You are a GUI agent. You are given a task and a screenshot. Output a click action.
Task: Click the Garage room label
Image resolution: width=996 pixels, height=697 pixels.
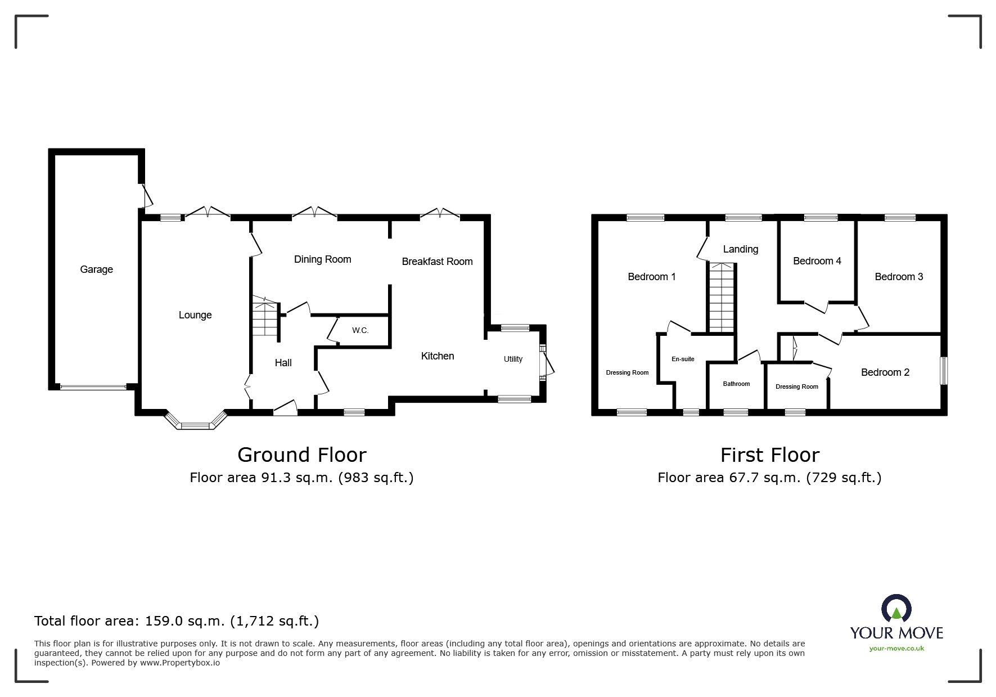click(x=96, y=269)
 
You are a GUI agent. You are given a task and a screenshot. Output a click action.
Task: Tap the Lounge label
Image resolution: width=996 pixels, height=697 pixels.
click(x=195, y=315)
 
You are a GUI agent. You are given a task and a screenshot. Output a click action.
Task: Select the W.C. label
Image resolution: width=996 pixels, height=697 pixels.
click(x=360, y=330)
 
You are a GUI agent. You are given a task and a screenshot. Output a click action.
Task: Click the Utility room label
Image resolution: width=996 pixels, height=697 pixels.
click(x=513, y=359)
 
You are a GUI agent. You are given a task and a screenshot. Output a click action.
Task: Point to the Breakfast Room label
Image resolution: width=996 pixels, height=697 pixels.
click(x=437, y=262)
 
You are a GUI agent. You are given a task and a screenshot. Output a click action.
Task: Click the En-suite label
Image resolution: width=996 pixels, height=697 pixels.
click(x=683, y=359)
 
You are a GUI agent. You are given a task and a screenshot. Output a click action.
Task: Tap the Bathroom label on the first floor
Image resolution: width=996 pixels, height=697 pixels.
click(x=736, y=384)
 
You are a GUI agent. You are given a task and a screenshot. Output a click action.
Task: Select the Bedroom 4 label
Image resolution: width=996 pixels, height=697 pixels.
click(x=817, y=261)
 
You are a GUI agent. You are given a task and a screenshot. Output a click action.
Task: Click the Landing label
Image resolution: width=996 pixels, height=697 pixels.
click(x=740, y=249)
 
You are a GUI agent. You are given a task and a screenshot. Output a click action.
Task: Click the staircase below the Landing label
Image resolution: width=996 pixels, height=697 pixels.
click(x=722, y=298)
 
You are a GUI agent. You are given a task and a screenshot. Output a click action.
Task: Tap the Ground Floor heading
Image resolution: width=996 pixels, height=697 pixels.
click(x=301, y=455)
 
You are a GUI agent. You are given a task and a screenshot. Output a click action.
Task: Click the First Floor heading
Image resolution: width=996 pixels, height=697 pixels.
click(x=769, y=455)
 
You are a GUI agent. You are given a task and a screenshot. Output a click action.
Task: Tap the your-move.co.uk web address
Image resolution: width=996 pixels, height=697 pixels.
click(x=896, y=649)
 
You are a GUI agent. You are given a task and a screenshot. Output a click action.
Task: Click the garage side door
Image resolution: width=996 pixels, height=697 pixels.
click(x=147, y=195)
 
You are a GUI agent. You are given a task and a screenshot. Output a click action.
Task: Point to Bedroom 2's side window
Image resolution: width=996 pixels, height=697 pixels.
click(x=944, y=371)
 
